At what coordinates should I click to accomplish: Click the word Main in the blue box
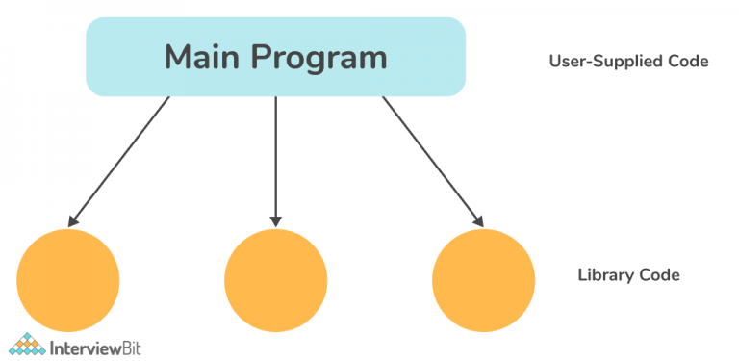pos(205,58)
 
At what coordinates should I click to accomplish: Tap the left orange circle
pos(67,279)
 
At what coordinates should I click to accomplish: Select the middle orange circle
pos(275,279)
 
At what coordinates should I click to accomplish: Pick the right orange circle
pos(483,279)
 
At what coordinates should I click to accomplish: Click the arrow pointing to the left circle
pos(120,161)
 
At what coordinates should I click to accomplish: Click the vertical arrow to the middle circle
pos(276,159)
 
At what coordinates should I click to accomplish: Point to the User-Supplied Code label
pos(628,62)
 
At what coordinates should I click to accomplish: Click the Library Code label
pos(628,275)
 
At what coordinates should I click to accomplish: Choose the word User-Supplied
pos(607,62)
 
